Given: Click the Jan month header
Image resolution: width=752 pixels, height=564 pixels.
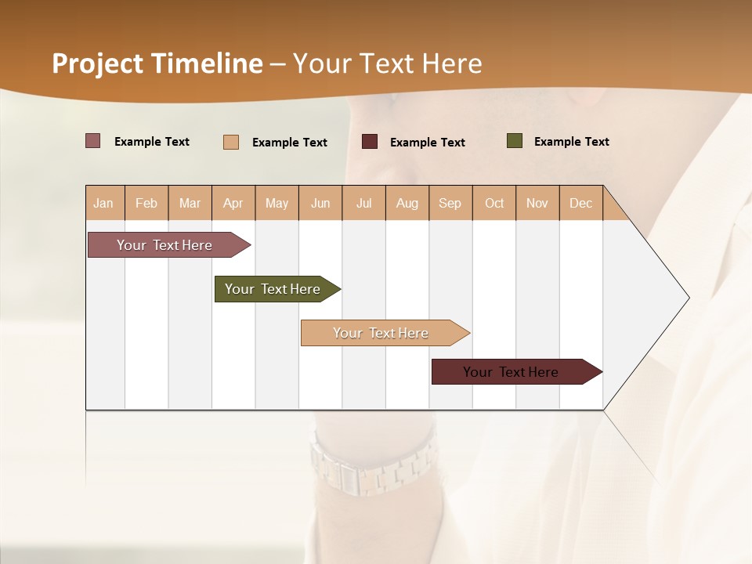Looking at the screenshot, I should pos(104,203).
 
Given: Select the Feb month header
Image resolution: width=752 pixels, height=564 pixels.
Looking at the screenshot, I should pos(146,203).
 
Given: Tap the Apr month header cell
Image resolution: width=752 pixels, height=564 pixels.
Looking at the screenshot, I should pos(233,203).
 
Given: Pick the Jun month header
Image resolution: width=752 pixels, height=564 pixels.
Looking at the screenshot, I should pos(320,203).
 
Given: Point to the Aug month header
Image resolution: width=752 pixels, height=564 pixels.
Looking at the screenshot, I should pos(407,203).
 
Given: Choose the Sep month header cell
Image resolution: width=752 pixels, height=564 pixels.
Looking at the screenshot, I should pos(450,203).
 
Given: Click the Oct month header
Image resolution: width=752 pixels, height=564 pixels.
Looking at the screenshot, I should pos(494,203).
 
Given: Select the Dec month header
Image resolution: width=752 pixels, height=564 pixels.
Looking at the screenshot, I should pos(581,203).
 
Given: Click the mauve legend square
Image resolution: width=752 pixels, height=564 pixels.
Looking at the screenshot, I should pos(93,141).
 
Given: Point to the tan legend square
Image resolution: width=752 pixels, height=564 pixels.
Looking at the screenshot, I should pos(231,142).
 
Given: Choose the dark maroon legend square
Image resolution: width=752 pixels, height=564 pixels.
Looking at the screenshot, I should pos(370,142).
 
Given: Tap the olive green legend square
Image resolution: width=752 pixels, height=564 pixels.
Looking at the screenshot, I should pos(515,141).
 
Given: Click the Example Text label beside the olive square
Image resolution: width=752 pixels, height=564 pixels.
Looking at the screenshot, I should pos(571,142).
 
